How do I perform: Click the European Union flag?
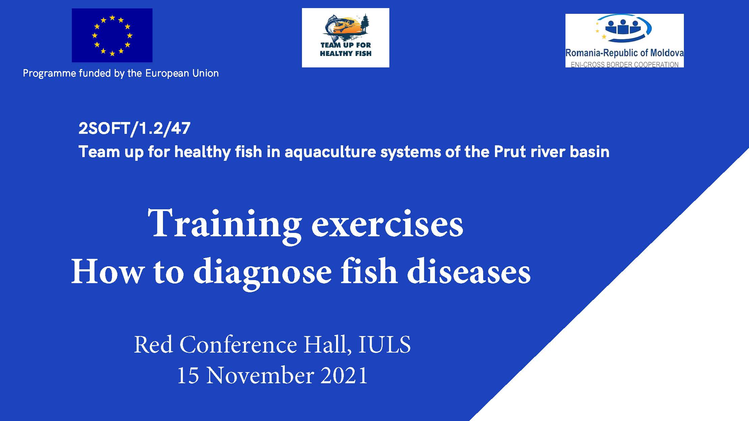click(112, 35)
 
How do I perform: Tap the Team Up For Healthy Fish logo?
click(345, 38)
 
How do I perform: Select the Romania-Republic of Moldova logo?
click(625, 40)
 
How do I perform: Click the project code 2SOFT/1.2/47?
click(134, 128)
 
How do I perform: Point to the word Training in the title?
click(224, 224)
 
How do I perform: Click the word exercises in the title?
click(387, 224)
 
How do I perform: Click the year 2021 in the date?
click(344, 375)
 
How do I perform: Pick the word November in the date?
click(260, 375)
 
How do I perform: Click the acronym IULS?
click(384, 344)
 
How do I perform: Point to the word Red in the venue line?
click(154, 344)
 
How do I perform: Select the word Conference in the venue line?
click(238, 344)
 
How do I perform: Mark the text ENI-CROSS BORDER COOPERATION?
click(625, 64)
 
